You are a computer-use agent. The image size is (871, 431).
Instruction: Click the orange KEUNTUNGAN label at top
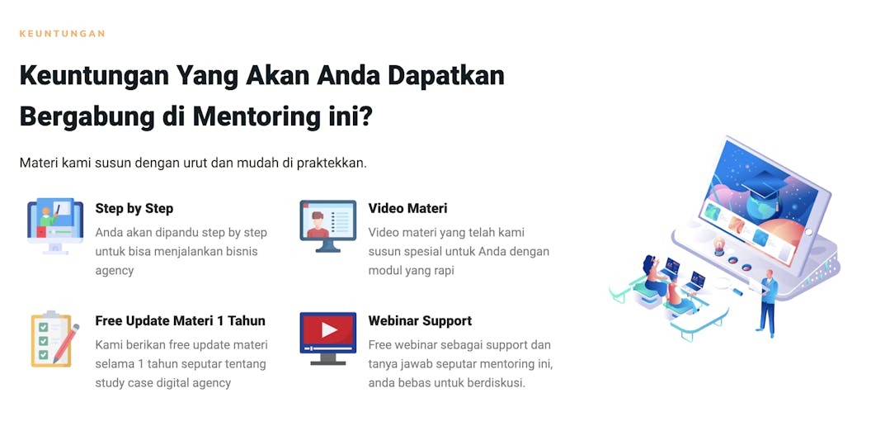point(62,33)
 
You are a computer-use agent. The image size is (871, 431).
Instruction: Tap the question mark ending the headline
point(365,116)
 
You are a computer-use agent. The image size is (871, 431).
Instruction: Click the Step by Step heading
point(134,209)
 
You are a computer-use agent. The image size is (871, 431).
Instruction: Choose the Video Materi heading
point(407,209)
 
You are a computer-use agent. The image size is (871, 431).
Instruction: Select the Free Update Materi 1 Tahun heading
point(181,321)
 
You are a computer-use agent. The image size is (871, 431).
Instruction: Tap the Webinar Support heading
point(420,321)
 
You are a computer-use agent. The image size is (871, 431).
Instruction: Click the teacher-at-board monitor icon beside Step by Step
point(55,225)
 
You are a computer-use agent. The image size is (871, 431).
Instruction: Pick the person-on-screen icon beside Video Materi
point(327,225)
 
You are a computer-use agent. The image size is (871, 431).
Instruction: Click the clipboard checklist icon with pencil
point(54,339)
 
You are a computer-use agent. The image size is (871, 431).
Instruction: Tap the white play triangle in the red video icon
point(329,330)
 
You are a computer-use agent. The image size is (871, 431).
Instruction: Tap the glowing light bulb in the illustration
point(718,244)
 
